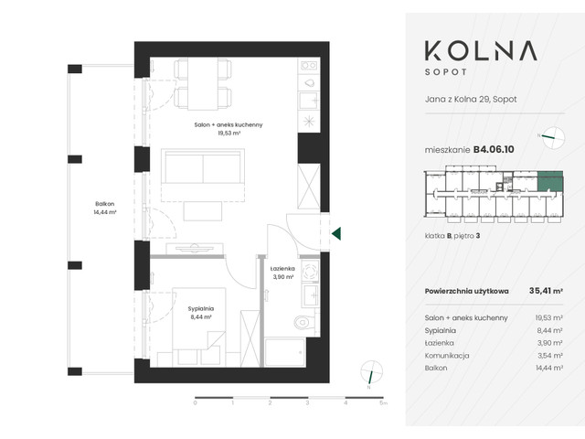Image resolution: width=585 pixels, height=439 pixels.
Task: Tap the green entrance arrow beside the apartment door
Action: click(336, 234)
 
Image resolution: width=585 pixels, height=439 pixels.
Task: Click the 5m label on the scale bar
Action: click(384, 402)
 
